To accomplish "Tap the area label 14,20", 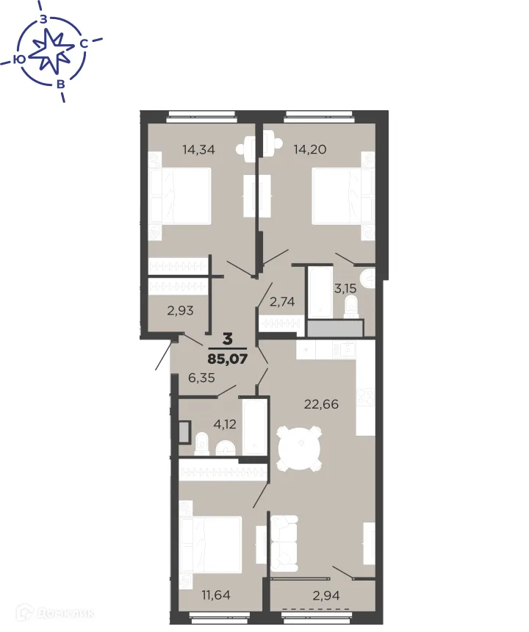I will pyautogui.click(x=309, y=149).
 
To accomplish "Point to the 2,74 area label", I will pyautogui.click(x=283, y=301).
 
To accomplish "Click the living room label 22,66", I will pyautogui.click(x=321, y=403).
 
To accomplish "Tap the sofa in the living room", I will pyautogui.click(x=284, y=544).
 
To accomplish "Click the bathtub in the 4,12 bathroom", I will pyautogui.click(x=253, y=427).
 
